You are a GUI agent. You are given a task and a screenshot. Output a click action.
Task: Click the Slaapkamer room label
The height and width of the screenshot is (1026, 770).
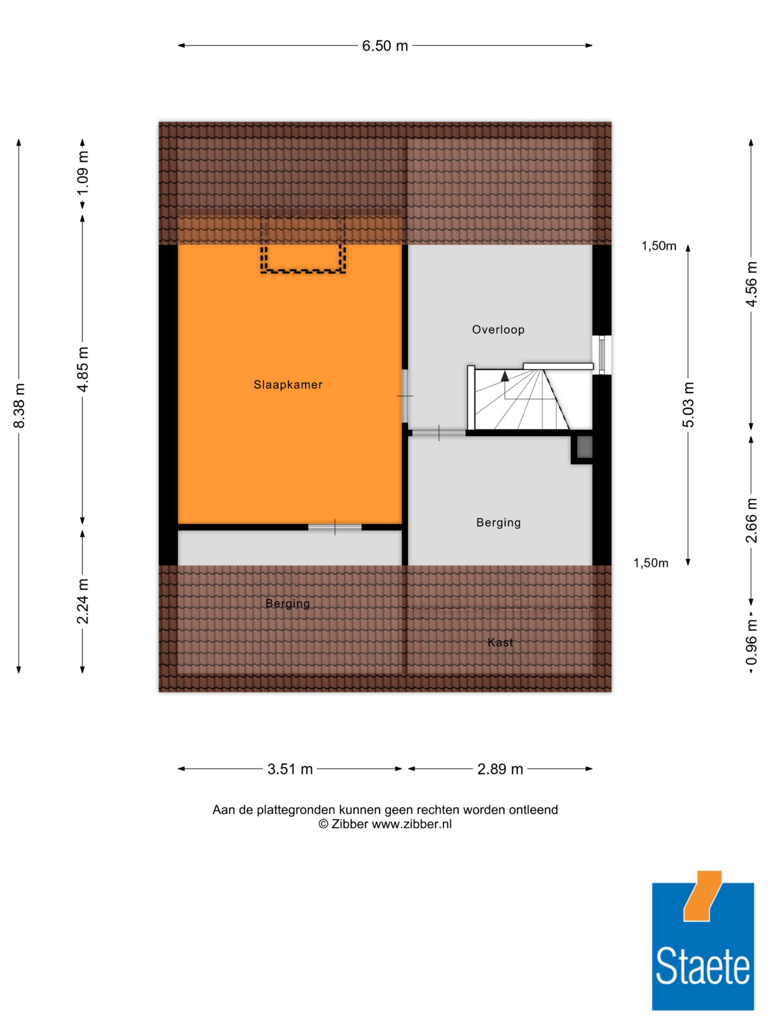[x=288, y=385]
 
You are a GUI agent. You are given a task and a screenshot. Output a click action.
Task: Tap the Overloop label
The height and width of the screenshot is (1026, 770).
[x=498, y=330]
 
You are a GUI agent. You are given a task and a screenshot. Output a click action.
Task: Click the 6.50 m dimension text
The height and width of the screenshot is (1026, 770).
[x=385, y=46]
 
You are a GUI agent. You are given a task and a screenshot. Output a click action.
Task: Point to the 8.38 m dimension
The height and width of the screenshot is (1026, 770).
[x=19, y=406]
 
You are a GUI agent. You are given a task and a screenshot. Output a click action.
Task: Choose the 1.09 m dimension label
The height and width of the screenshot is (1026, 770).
[x=83, y=174]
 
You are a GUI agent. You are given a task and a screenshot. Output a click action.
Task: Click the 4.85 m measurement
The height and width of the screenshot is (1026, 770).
[x=83, y=369]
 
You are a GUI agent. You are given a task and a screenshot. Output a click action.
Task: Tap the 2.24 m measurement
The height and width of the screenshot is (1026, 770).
[x=83, y=601]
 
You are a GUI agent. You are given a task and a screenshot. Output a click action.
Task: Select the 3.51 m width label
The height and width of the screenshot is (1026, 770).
[x=290, y=769]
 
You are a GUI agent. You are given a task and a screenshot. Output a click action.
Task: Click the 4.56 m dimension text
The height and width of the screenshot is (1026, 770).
[x=751, y=284]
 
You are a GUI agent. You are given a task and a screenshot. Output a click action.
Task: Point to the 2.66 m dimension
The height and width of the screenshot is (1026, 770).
[x=751, y=521]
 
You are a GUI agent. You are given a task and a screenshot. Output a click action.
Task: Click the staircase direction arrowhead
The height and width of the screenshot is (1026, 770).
[x=504, y=376]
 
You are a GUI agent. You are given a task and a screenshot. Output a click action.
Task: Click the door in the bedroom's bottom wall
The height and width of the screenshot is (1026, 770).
[x=335, y=527]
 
